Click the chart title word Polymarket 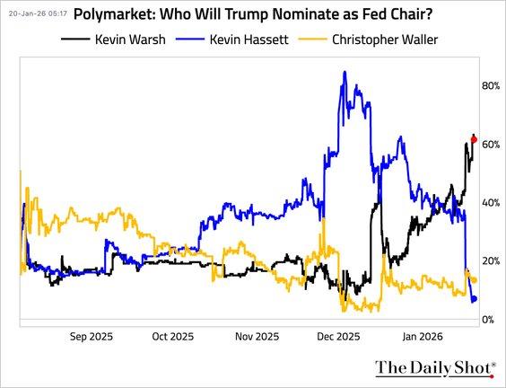click(114, 15)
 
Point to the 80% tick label click(491, 86)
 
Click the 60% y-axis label click(491, 145)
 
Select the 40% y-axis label click(491, 203)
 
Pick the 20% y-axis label click(491, 261)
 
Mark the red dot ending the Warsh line click(474, 140)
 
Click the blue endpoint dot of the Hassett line click(475, 299)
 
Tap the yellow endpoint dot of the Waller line click(474, 281)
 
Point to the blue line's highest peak click(345, 72)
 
